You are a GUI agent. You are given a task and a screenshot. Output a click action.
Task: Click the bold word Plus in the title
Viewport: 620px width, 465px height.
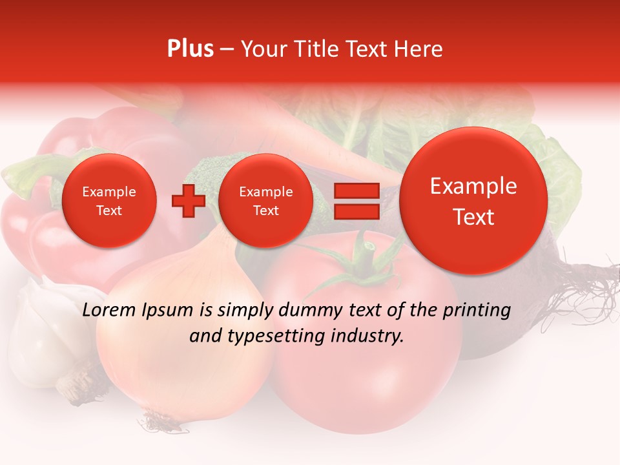[190, 49]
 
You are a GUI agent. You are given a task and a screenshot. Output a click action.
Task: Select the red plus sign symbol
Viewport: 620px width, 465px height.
[188, 201]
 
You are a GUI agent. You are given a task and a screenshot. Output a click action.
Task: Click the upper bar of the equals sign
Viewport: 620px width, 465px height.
[356, 191]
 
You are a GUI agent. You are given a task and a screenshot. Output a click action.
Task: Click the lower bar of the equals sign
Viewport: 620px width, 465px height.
[356, 212]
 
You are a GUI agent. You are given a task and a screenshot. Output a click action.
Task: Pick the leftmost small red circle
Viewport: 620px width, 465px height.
[109, 201]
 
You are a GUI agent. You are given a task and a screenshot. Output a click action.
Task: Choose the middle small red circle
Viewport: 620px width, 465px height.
[265, 201]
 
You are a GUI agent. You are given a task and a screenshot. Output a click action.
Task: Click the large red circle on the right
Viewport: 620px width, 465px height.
[473, 201]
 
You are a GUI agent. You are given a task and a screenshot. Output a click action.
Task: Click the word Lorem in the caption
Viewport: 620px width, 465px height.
[110, 310]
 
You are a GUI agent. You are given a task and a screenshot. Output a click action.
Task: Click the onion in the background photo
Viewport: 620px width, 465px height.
[181, 349]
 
